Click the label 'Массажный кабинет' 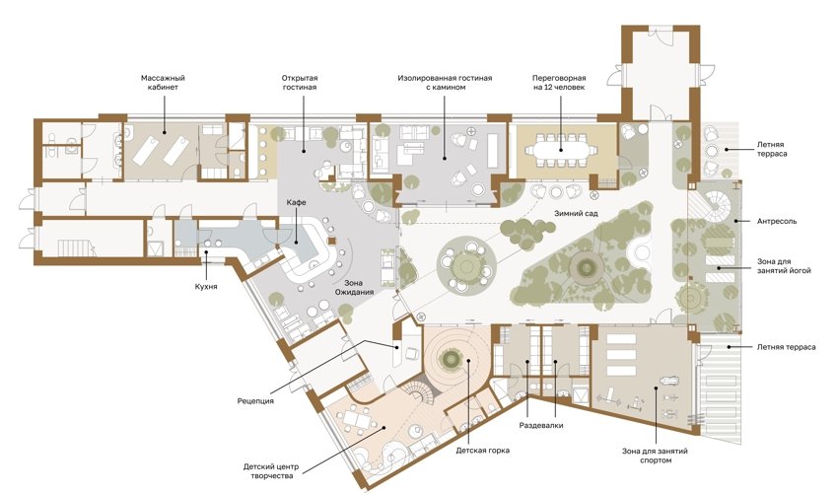click(163, 82)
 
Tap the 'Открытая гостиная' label click(299, 82)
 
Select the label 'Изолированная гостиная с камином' click(445, 82)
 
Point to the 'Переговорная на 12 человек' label click(559, 82)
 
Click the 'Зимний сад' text click(576, 213)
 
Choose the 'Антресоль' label click(777, 221)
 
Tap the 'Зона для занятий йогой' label click(784, 266)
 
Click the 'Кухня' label click(206, 287)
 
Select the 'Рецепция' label click(255, 400)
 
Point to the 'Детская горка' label click(482, 451)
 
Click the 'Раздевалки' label click(541, 425)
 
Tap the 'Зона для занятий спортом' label click(655, 456)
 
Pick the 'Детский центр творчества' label click(271, 471)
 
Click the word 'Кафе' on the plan click(297, 202)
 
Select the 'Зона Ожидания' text click(354, 287)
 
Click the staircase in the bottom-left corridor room click(77, 247)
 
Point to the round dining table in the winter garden click(466, 263)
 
